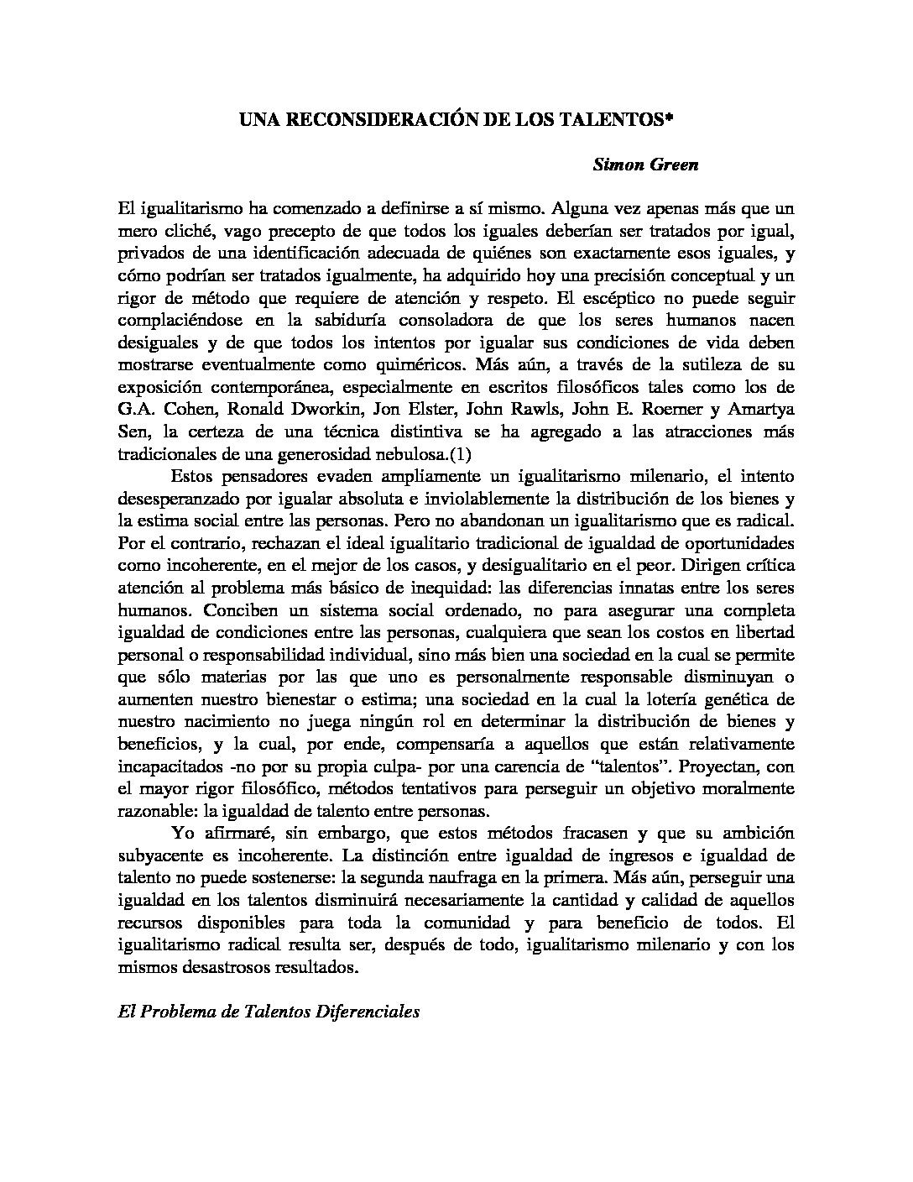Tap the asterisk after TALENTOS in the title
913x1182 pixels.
pyautogui.click(x=670, y=118)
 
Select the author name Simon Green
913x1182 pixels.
pyautogui.click(x=645, y=165)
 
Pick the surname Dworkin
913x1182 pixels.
pyautogui.click(x=313, y=412)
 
